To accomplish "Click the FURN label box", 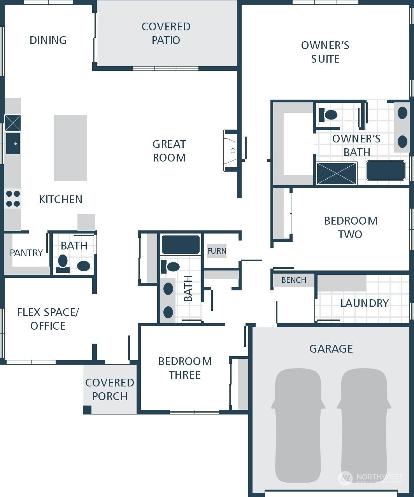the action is click(x=216, y=251).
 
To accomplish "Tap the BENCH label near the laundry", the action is click(x=294, y=280).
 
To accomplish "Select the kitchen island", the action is click(x=70, y=148).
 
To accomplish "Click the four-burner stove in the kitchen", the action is click(x=13, y=199).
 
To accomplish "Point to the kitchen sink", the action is click(x=13, y=143).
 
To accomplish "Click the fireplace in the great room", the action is click(x=230, y=151).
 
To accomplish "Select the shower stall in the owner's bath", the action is click(x=337, y=173).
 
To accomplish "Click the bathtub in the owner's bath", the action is click(x=386, y=170).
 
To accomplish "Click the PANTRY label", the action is click(x=26, y=253).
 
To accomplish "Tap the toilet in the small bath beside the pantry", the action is click(x=63, y=263).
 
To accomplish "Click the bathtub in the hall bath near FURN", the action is click(x=181, y=245).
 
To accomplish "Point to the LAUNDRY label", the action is click(x=365, y=304).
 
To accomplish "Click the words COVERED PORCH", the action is click(x=110, y=390).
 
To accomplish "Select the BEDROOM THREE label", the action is click(x=185, y=368).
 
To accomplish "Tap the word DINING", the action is click(x=48, y=40).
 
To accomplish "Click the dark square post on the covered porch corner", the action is click(x=87, y=410).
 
